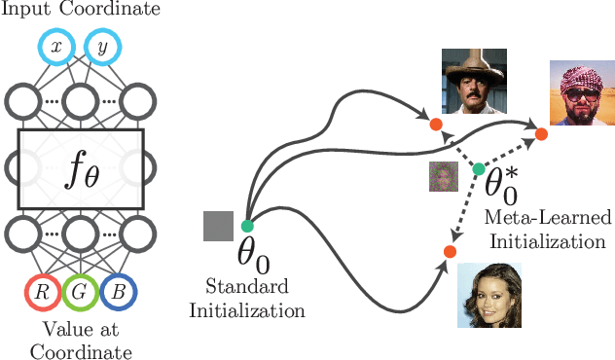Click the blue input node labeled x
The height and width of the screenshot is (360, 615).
pyautogui.click(x=55, y=46)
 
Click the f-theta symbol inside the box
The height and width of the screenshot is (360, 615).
pyautogui.click(x=80, y=171)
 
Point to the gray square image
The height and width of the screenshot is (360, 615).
pyautogui.click(x=218, y=226)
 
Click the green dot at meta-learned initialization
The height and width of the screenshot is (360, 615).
pyautogui.click(x=478, y=169)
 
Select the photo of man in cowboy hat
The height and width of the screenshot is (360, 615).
pyautogui.click(x=474, y=82)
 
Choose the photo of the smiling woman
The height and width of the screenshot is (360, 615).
pyautogui.click(x=489, y=294)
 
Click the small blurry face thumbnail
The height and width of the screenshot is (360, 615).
pyautogui.click(x=444, y=176)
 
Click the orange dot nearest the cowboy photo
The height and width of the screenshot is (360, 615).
pyautogui.click(x=435, y=125)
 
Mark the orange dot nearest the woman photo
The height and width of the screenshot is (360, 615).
pyautogui.click(x=449, y=251)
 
